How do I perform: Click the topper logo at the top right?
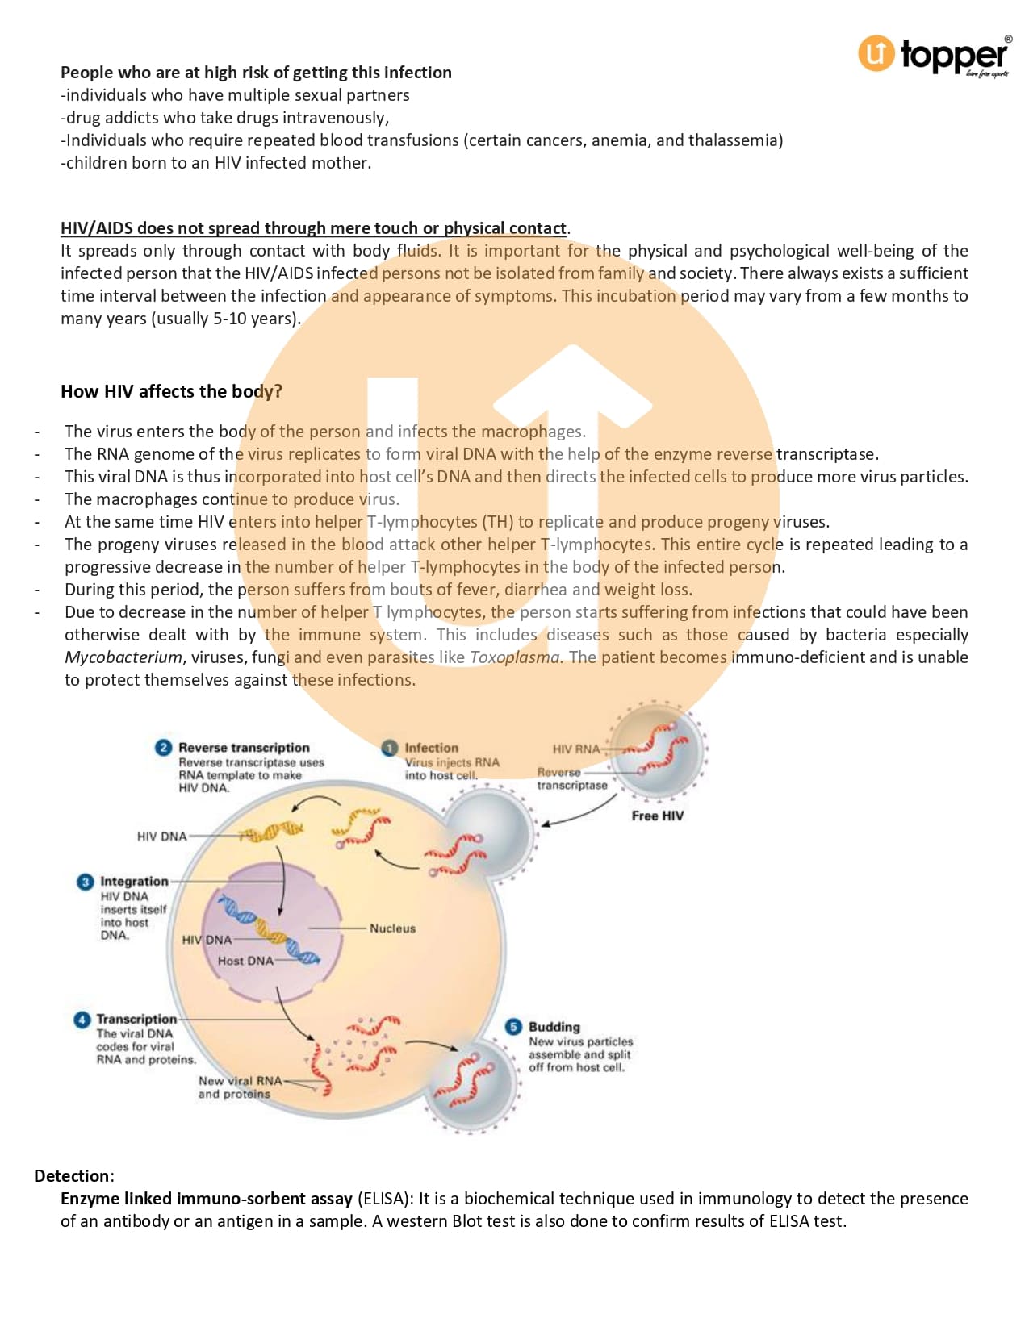[935, 55]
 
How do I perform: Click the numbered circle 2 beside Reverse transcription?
[163, 747]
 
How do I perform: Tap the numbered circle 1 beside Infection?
[390, 748]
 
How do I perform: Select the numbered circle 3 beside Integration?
[85, 882]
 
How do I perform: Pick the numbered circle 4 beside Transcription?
[82, 1020]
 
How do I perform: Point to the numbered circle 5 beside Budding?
[513, 1027]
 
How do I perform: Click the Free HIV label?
[657, 816]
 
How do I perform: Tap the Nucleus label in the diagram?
[392, 928]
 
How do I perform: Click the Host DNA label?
[245, 961]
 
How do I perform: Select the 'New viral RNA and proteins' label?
[240, 1087]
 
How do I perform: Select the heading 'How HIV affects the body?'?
[171, 391]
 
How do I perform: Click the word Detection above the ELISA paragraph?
[72, 1175]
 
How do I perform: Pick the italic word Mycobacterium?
[123, 657]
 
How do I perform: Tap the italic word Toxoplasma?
[514, 657]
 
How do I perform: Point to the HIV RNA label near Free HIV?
[576, 749]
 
